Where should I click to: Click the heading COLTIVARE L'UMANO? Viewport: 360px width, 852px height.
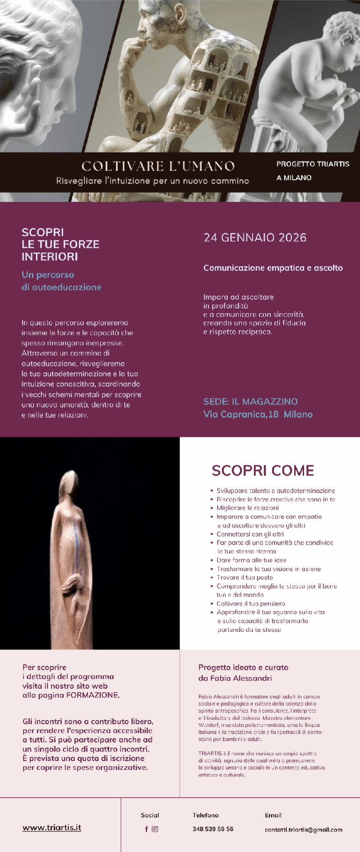tap(158, 166)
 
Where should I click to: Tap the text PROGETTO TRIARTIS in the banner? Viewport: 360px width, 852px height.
tap(313, 164)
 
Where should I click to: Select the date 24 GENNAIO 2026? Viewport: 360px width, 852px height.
tap(255, 238)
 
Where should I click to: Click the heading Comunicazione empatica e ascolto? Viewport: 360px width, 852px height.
tap(273, 268)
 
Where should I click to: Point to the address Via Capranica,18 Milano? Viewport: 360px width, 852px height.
tap(258, 414)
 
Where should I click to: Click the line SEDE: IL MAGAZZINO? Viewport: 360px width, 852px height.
tap(250, 401)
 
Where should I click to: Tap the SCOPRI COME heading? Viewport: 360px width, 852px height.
tap(263, 470)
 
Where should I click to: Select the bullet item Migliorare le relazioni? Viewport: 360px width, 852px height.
tap(247, 508)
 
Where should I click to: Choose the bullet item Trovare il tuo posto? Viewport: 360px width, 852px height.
tap(245, 577)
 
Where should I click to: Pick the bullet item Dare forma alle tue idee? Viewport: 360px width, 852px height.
tap(251, 560)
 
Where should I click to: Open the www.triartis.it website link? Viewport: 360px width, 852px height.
tap(52, 827)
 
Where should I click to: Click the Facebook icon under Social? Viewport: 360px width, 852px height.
tap(146, 829)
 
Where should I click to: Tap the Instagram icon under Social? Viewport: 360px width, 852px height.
tap(155, 829)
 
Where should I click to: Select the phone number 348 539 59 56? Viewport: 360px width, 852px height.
tap(213, 829)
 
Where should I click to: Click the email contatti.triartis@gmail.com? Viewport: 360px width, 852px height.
tap(304, 829)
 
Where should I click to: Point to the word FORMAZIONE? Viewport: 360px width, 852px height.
tap(92, 695)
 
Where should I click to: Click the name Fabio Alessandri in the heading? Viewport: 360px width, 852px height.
tap(241, 678)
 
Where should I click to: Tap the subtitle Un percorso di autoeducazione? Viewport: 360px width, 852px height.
tap(61, 281)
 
